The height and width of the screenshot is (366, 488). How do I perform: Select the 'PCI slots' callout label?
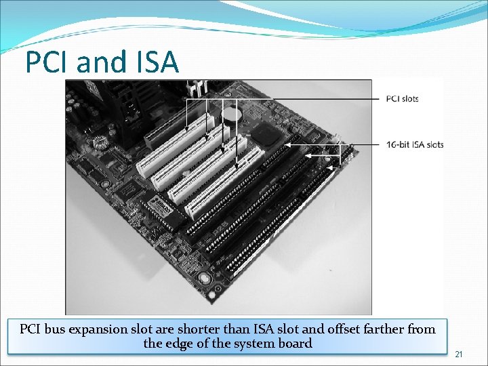(402, 99)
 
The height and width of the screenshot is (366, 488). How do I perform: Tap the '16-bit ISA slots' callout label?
(415, 144)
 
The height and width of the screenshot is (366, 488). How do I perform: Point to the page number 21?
(459, 354)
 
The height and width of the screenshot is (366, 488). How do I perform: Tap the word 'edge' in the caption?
(195, 344)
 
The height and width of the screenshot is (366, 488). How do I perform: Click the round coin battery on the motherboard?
(232, 115)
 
